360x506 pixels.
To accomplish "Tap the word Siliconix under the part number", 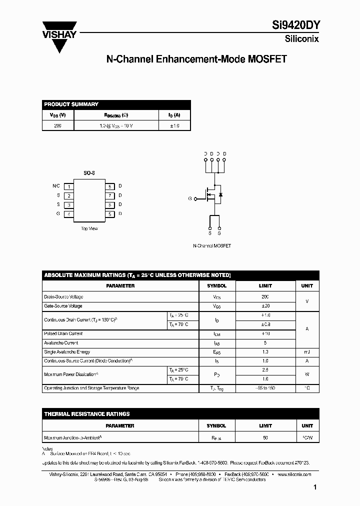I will [x=301, y=39].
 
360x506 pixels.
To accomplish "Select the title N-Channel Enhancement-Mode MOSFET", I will [x=196, y=59].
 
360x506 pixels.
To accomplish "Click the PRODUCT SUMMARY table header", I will [x=71, y=104].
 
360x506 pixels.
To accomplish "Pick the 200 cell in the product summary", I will [x=58, y=126].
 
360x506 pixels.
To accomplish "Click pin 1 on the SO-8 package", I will [x=69, y=186].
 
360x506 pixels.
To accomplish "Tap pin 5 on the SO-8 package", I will [x=109, y=214].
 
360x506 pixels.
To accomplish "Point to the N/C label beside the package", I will [x=56, y=186].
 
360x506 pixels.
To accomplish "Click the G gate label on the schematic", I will [x=190, y=198].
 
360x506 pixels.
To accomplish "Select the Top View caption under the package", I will [x=89, y=228].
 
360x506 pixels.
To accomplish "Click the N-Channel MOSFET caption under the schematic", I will [x=212, y=246].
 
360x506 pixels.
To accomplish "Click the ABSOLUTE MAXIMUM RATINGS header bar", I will [x=137, y=275].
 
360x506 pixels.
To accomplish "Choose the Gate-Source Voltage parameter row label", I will [x=63, y=306].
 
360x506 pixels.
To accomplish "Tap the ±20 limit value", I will [x=265, y=306].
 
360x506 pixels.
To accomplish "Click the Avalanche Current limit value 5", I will [x=265, y=343].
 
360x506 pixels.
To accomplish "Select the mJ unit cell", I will [x=307, y=352].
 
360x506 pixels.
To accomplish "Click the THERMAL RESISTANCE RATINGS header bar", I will [x=87, y=414].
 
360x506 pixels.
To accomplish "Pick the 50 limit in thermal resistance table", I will [x=265, y=438].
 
